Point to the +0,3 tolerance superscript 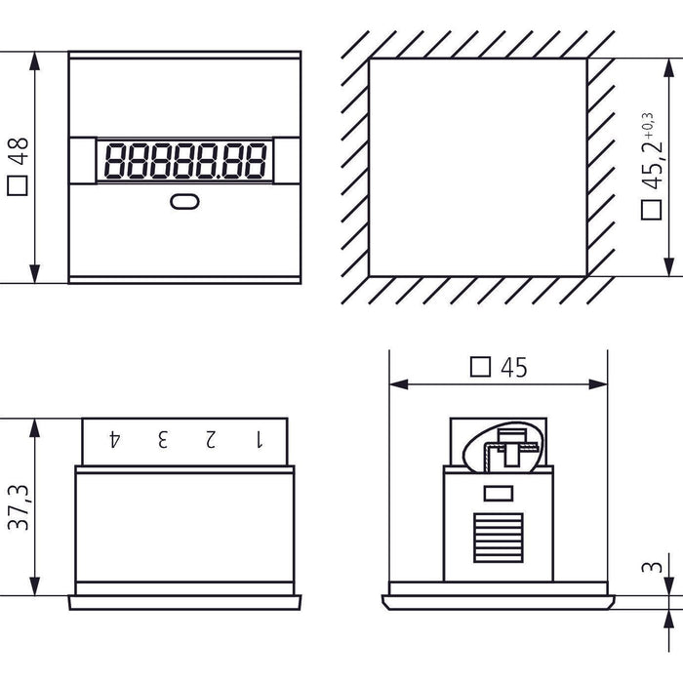click(x=646, y=114)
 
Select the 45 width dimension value click(x=513, y=367)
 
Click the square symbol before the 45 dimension click(x=480, y=367)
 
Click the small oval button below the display click(x=183, y=202)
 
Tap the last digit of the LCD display click(x=257, y=161)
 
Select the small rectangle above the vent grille click(x=498, y=494)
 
